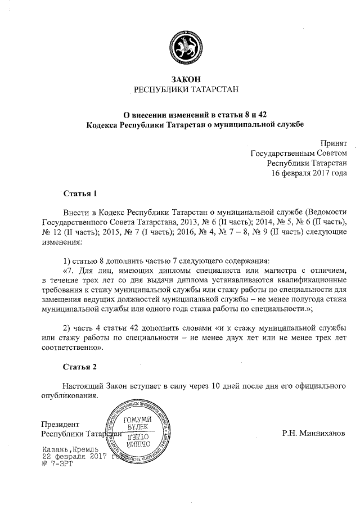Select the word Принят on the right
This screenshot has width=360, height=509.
tap(334, 143)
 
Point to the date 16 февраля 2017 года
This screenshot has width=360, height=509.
tap(309, 173)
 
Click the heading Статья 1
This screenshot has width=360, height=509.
tap(80, 194)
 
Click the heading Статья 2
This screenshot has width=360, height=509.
tap(80, 367)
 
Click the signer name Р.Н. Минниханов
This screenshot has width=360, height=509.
tap(314, 434)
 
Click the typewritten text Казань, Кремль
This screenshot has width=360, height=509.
tap(70, 450)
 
